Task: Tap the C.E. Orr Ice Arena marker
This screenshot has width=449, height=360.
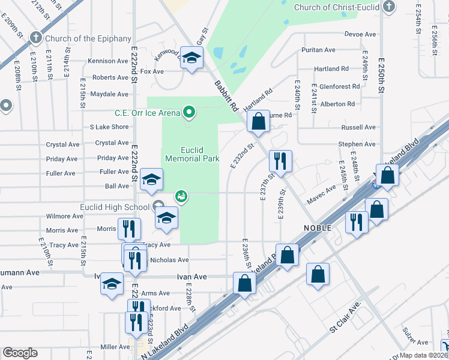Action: (190, 112)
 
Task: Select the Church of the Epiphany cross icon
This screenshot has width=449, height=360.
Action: (36, 38)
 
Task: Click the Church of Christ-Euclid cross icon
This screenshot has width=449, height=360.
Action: (389, 7)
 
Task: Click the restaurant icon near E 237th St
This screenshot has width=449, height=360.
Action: (281, 160)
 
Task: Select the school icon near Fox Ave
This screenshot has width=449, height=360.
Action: (191, 58)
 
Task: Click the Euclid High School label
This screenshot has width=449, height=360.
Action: (115, 208)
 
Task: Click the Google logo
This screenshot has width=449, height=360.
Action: (20, 352)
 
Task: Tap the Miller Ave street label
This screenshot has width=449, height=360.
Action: (115, 347)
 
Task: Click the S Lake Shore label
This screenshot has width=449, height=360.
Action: (109, 127)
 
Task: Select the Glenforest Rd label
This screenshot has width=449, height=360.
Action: (340, 86)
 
